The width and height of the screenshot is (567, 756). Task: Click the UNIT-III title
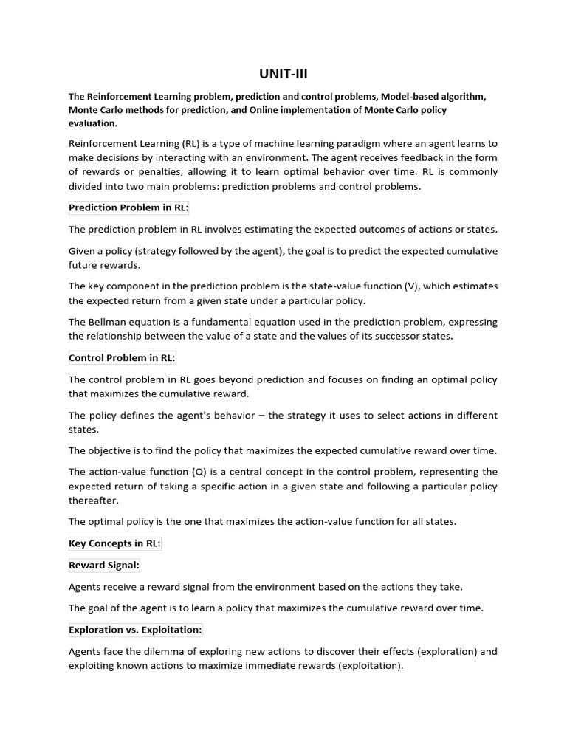tap(283, 73)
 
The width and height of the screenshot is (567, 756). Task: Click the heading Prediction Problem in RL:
tap(128, 207)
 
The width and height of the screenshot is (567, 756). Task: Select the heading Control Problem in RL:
tap(122, 358)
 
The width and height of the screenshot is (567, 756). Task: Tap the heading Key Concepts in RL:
tap(114, 543)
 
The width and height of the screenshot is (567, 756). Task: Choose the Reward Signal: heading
tap(104, 565)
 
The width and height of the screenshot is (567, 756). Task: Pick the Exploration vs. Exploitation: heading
tap(135, 630)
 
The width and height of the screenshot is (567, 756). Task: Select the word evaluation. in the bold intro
tap(92, 123)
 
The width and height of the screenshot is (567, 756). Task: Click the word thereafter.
tap(93, 500)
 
